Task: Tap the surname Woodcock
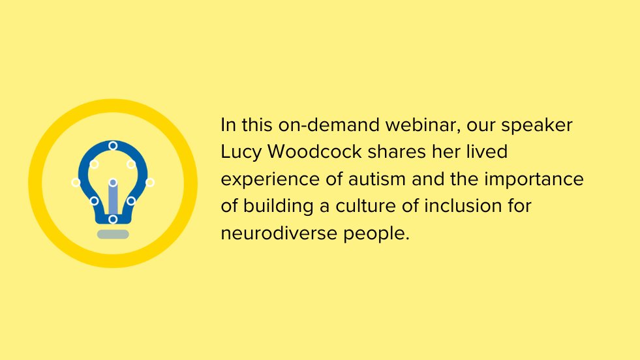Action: [x=314, y=152]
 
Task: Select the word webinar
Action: [x=423, y=125]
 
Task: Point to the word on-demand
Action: [x=329, y=125]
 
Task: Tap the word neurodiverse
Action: [x=279, y=233]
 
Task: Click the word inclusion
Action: [x=463, y=205]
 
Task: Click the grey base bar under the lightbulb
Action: [x=113, y=234]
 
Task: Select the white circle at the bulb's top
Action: [x=113, y=145]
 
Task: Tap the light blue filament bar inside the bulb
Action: [x=113, y=198]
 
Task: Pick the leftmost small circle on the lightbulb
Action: [x=76, y=183]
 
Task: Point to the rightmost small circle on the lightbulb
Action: [x=150, y=183]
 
